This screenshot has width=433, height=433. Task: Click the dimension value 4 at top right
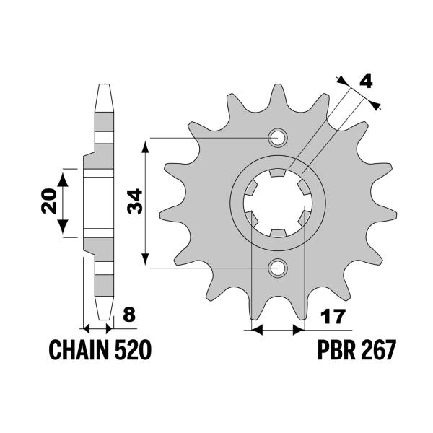[x=365, y=81]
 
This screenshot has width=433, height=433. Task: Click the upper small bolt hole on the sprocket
[x=277, y=138]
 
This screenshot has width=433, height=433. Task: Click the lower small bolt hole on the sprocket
[x=277, y=268]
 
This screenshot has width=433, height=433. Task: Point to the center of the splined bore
[x=277, y=204]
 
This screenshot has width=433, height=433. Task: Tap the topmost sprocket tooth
[x=277, y=94]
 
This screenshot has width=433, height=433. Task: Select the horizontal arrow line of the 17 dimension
[x=276, y=331]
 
